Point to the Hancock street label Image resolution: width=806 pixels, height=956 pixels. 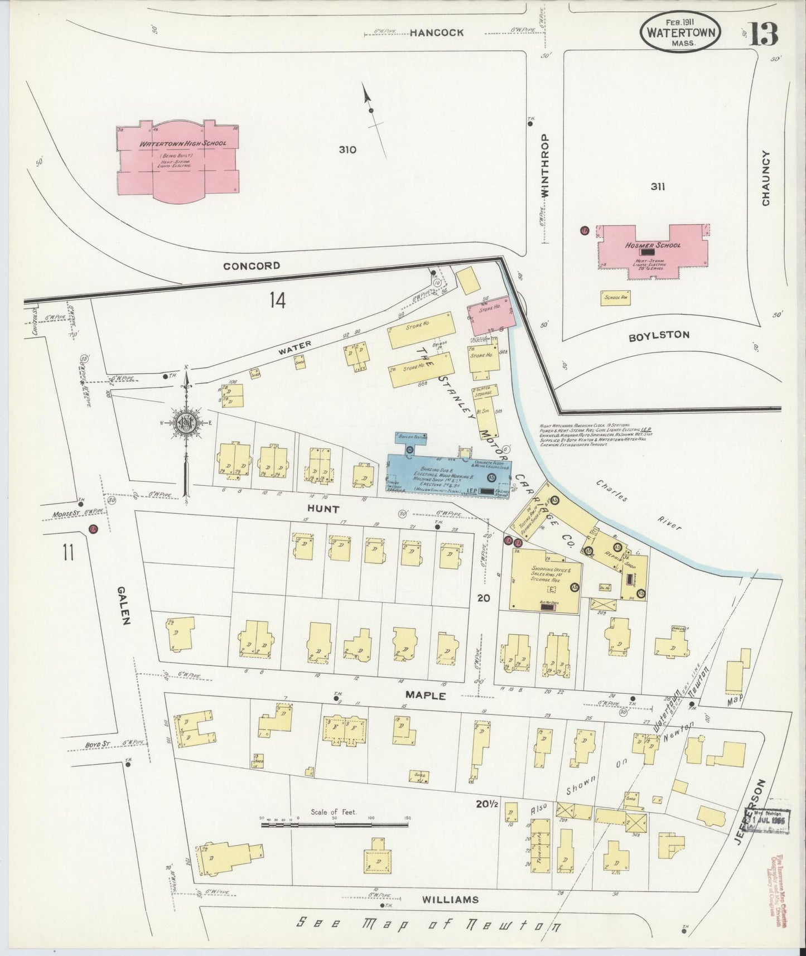point(437,33)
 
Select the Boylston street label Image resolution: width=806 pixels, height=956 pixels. point(659,335)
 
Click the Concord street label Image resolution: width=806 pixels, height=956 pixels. point(252,266)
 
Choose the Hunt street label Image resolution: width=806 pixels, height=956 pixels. point(324,509)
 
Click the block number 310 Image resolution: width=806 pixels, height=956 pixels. point(347,149)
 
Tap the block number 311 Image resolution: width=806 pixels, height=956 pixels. point(658,187)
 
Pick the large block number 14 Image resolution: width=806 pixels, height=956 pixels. point(277,301)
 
